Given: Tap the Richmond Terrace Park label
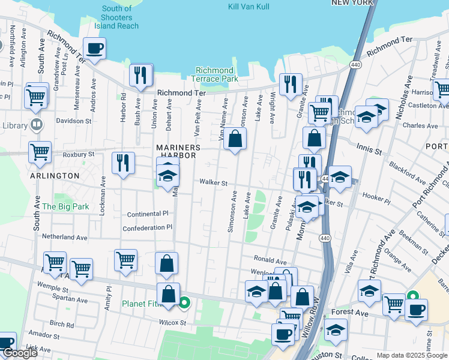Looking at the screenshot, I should [214, 74].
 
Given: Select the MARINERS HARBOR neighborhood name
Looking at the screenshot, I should [176, 151].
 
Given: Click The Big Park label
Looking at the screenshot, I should [65, 206].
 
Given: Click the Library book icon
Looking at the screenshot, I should [37, 125].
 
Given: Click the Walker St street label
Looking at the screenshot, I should [213, 183].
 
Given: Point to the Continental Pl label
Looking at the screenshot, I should [148, 214].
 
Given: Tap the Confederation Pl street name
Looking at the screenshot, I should [147, 228].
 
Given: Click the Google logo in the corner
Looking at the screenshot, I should [20, 353].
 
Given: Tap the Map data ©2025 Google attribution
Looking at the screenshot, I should [411, 355].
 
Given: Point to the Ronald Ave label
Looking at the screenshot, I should [270, 261].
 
